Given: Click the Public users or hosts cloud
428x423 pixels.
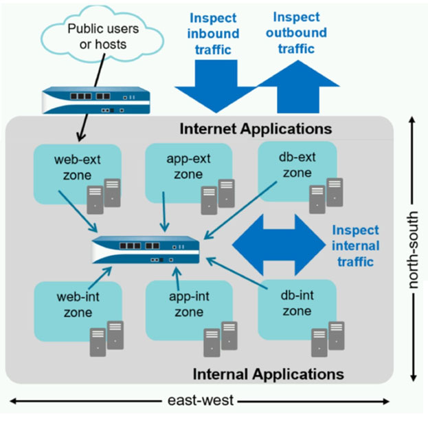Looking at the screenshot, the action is pos(102,35).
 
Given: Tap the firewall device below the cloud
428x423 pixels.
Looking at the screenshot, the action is pos(96,100).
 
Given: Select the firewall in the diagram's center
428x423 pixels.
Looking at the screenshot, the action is pos(146,250).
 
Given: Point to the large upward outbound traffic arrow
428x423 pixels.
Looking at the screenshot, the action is pos(298,87).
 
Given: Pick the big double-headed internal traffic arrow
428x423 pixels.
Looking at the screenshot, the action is pos(279,245).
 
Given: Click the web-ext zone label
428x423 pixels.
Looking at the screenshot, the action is pos(77,167).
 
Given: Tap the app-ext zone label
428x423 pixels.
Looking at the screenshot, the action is pos(188,166).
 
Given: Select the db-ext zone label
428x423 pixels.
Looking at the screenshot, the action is pos(297,165).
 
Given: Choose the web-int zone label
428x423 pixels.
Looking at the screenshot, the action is pos(78,305).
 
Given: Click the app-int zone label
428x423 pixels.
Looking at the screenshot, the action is pos(189,304).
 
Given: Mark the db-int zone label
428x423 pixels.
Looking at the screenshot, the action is pos(297,303).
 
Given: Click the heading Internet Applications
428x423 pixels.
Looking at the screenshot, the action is pos(256,129).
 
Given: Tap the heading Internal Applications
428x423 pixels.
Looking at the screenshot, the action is pos(269,373).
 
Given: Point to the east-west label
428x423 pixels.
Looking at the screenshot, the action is pos(201,400).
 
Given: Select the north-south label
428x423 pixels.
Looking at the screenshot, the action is pos(413,250).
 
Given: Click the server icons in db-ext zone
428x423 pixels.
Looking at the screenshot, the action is pos(326,195).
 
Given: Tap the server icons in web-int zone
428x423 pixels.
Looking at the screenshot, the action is pos(106,339).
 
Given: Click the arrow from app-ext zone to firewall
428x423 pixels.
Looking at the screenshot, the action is pos(164,212).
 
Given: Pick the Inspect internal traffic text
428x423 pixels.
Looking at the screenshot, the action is pos(355,246).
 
